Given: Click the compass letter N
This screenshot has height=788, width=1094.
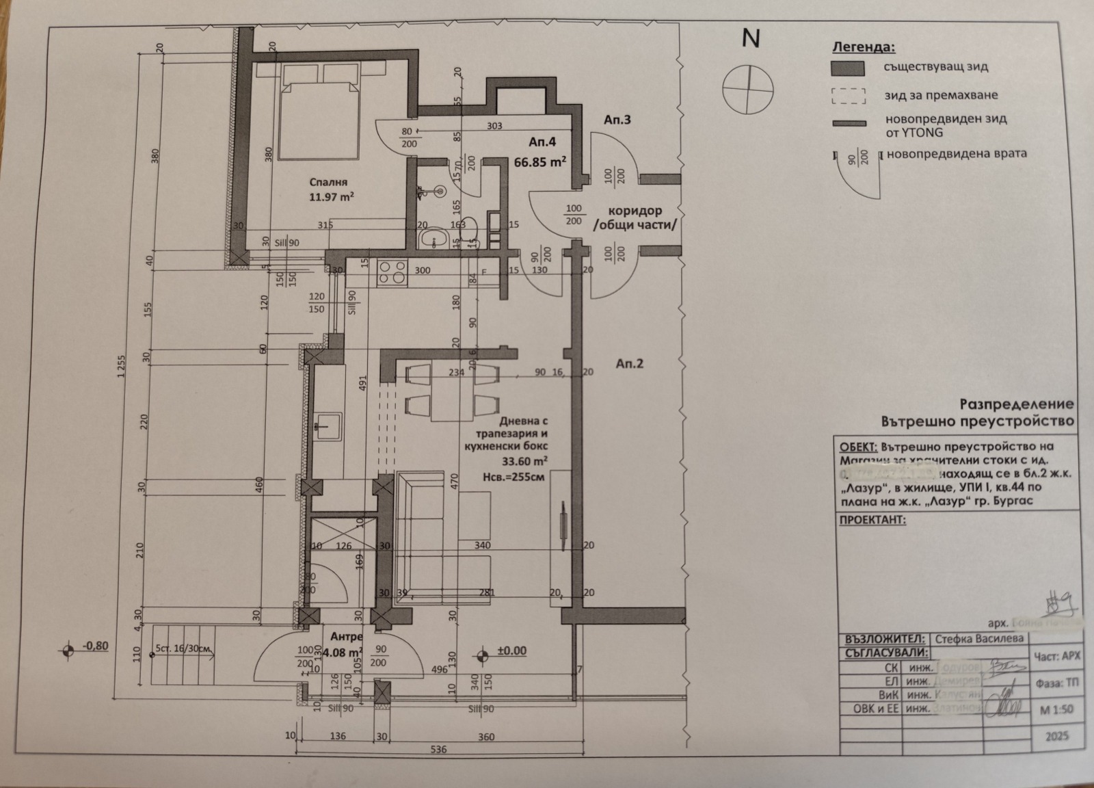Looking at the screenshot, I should [751, 39].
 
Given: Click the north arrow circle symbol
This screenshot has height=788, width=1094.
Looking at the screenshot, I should [749, 90].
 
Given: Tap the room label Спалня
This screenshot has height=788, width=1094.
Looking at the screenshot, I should [328, 183].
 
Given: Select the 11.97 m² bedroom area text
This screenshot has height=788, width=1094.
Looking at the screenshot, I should [331, 197].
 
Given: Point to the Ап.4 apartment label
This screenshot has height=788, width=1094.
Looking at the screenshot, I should [542, 142].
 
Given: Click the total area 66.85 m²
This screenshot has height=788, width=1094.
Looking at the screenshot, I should [539, 162].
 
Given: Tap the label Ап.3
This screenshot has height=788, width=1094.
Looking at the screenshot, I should [617, 120].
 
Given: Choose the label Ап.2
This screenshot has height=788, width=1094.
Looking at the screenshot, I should [629, 364].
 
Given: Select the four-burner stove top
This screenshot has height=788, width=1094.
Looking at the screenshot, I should [392, 272].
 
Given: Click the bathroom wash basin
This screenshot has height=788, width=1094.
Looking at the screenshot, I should [433, 240].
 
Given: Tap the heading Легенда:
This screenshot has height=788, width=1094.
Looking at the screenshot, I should [863, 47].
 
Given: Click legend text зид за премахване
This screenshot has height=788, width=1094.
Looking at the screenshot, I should [941, 95].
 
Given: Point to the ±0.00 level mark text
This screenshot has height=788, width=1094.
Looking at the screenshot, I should [511, 651].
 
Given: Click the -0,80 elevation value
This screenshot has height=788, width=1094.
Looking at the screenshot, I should [94, 645].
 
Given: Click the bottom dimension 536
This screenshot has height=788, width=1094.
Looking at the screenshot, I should [438, 750].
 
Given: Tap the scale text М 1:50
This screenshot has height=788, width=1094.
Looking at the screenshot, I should [1056, 710].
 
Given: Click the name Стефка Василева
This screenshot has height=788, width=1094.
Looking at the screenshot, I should [979, 638].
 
